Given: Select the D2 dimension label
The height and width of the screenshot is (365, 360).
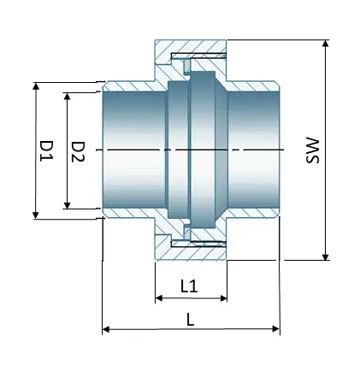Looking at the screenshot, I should click(78, 150).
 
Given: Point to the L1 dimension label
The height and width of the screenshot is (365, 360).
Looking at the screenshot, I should click(190, 287).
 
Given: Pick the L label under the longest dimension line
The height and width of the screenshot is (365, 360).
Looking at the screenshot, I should click(190, 318).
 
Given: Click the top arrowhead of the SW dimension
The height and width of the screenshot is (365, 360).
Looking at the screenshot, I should click(326, 43).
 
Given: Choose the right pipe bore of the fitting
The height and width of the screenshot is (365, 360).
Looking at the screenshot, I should click(253, 150).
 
